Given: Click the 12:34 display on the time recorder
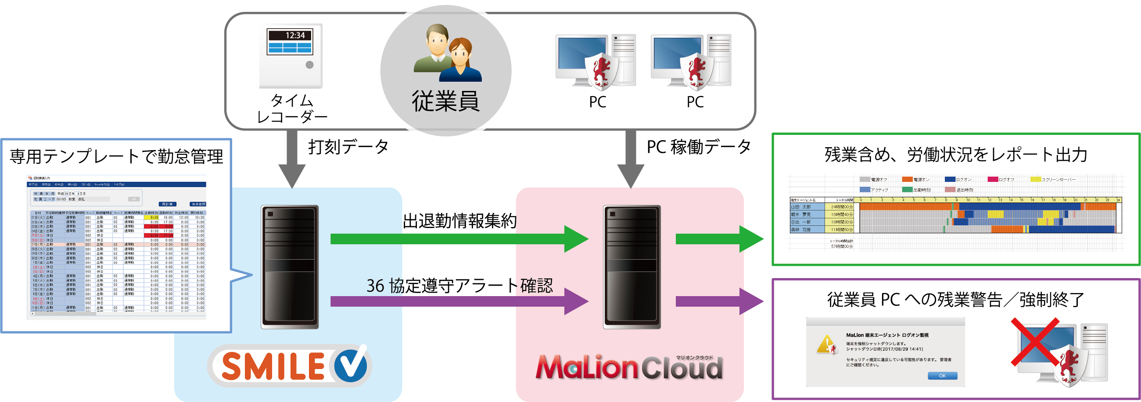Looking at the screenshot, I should point(290,36).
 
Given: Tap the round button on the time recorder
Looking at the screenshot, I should point(310,65).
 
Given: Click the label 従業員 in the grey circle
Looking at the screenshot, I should point(445,101).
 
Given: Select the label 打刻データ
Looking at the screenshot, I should point(348,147).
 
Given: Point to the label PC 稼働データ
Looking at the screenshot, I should point(699,147).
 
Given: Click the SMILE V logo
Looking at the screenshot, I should point(291,366).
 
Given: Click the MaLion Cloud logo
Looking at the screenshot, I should point(629,367).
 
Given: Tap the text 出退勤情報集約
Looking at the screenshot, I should point(459,221).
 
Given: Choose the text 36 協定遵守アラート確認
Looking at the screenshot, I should point(459,286).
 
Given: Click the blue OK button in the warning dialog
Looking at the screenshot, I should point(942,375).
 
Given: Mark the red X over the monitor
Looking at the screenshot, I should point(1035,342).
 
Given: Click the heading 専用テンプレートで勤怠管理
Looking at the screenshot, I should point(116,156).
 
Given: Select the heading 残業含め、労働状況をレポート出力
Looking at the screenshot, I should point(956,155).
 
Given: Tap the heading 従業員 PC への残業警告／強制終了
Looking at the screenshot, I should point(955,300).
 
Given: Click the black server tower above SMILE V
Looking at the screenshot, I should point(290,266).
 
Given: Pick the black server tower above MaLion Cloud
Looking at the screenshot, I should point(631,266).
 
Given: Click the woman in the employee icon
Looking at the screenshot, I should point(461,62).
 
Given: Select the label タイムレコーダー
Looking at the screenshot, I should point(291,109).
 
